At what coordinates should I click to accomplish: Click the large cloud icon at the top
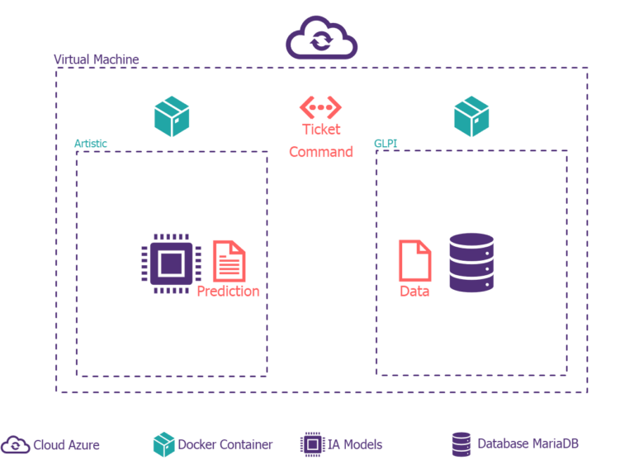click(321, 40)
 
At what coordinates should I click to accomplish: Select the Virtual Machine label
click(96, 60)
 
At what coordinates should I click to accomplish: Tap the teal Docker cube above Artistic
click(172, 116)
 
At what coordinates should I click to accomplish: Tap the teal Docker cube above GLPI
click(471, 116)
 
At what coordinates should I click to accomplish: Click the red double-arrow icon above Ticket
click(320, 107)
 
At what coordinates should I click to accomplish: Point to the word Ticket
click(321, 130)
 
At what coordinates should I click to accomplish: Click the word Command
click(321, 152)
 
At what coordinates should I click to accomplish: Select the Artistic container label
click(90, 144)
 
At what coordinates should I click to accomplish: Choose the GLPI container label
click(386, 144)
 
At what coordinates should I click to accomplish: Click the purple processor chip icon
click(171, 264)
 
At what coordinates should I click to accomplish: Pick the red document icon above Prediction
click(229, 261)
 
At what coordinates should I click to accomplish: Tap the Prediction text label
click(228, 292)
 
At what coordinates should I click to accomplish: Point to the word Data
click(414, 292)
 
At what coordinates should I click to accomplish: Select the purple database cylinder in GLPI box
click(471, 263)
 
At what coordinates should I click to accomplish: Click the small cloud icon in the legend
click(16, 445)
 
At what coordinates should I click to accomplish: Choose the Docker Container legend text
click(225, 445)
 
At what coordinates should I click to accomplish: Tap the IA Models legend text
click(355, 445)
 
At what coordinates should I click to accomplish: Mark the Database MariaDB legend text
click(528, 444)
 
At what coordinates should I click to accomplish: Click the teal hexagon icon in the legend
click(164, 444)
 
